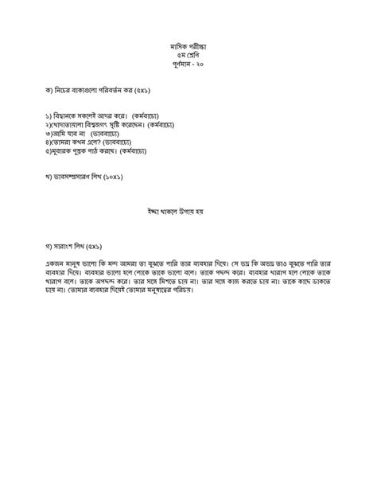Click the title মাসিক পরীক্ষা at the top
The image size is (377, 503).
188,49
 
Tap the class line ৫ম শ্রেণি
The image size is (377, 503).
188,59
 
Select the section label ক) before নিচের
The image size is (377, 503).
49,91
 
